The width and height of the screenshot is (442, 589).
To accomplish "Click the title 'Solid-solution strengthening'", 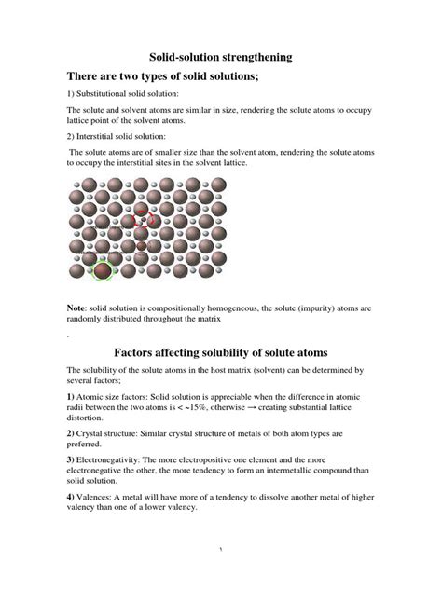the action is point(221,57).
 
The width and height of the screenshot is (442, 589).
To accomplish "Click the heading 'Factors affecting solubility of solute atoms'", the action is point(220,353).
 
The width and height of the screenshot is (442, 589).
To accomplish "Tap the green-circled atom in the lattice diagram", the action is point(101,272).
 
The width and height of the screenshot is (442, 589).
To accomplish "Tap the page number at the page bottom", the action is point(221,576).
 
